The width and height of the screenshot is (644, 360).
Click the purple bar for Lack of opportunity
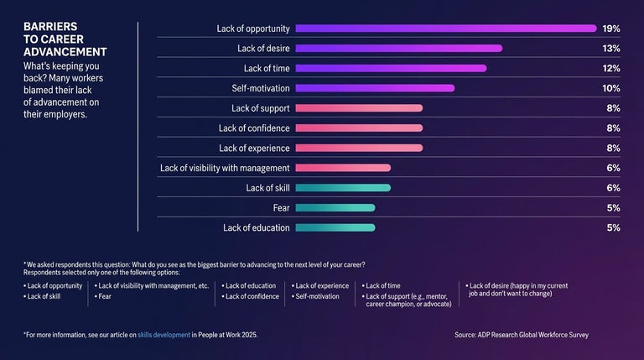tap(445, 29)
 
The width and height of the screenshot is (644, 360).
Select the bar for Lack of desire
tap(398, 49)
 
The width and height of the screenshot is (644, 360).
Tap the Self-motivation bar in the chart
tap(375, 88)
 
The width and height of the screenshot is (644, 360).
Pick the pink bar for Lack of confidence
tap(359, 128)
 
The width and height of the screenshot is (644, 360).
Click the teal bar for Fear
tap(335, 208)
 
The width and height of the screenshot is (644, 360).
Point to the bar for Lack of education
tap(335, 227)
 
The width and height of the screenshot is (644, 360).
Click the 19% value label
tap(610, 29)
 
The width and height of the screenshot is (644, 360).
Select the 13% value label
tap(610, 49)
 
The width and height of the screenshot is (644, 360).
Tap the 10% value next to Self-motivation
tap(610, 88)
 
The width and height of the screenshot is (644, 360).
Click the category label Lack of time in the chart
tap(266, 68)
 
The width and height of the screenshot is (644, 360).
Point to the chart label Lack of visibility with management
tap(225, 168)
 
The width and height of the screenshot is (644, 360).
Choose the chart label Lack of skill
tap(267, 188)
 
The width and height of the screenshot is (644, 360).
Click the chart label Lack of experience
tap(254, 149)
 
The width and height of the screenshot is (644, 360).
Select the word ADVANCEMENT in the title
tap(65, 52)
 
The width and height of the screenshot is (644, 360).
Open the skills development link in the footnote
tap(164, 335)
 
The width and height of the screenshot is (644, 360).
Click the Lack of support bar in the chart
tap(359, 108)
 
